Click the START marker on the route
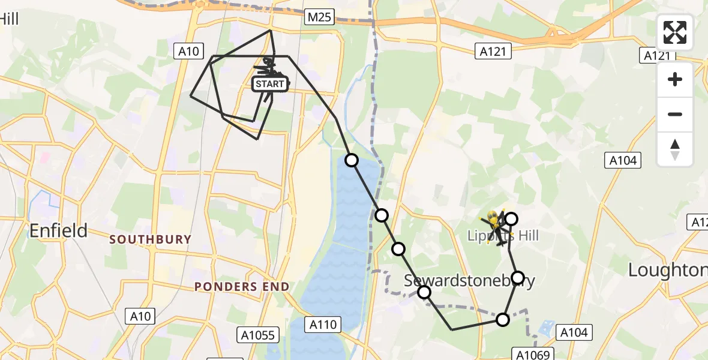270,84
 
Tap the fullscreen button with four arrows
675,33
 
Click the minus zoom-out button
675,114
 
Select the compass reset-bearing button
675,149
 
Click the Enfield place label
58,230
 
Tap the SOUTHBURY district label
151,239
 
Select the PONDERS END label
242,287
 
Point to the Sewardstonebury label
469,280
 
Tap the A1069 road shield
532,355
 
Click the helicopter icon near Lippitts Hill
496,224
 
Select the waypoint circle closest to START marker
352,160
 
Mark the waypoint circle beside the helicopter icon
511,219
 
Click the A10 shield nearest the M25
188,52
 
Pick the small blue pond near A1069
545,328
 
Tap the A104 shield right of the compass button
624,160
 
